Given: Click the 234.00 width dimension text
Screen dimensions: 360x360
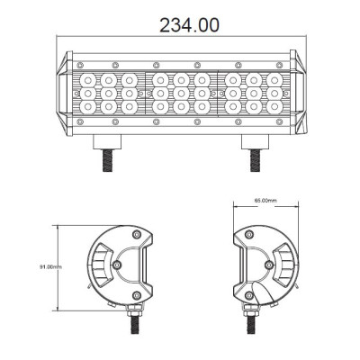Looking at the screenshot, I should point(189,24).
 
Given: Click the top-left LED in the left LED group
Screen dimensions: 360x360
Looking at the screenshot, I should point(91,79).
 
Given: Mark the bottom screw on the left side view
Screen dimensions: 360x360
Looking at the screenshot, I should point(136,295).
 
